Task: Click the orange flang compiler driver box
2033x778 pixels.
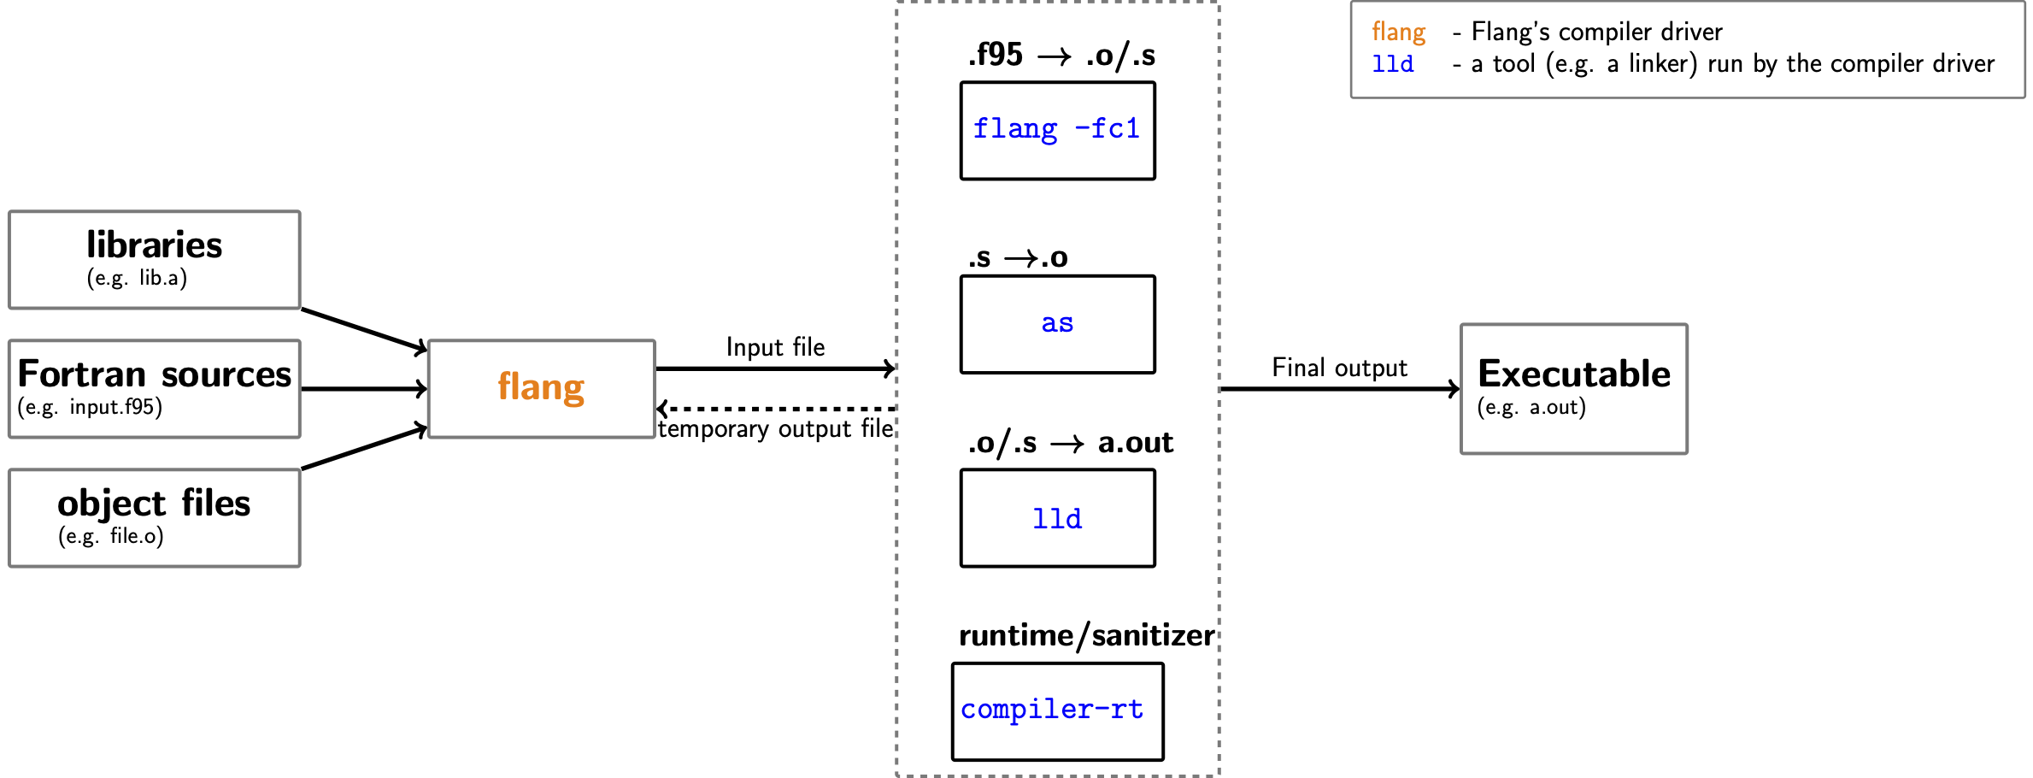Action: [541, 389]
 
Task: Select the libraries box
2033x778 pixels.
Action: [155, 260]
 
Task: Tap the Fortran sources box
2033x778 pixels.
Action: [155, 389]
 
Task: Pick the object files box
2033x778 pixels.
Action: [155, 518]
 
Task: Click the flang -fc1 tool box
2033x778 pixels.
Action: [1057, 131]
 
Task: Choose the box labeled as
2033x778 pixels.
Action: [1057, 324]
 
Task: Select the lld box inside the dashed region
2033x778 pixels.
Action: [1057, 518]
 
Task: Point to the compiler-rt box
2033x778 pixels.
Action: [1057, 711]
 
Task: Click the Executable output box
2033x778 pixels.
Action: [1573, 389]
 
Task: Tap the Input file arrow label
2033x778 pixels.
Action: [775, 347]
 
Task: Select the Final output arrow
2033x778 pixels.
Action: [1339, 389]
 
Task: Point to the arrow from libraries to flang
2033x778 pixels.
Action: [364, 330]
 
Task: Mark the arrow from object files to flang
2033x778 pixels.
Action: [364, 448]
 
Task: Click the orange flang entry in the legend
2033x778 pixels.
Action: [1398, 32]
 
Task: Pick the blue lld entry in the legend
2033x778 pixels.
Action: [1392, 64]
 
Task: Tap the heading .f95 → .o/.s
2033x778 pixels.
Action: [1061, 56]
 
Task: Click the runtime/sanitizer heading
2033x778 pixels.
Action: [1086, 636]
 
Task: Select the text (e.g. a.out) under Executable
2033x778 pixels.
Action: [1531, 408]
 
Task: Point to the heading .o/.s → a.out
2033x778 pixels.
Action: [1070, 443]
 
